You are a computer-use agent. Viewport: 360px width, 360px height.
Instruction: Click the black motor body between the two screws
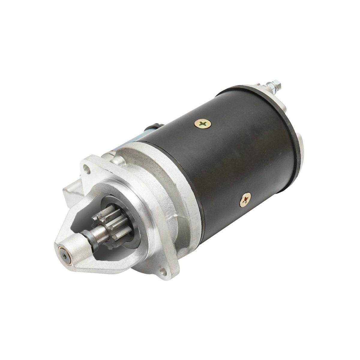tap(228, 162)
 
